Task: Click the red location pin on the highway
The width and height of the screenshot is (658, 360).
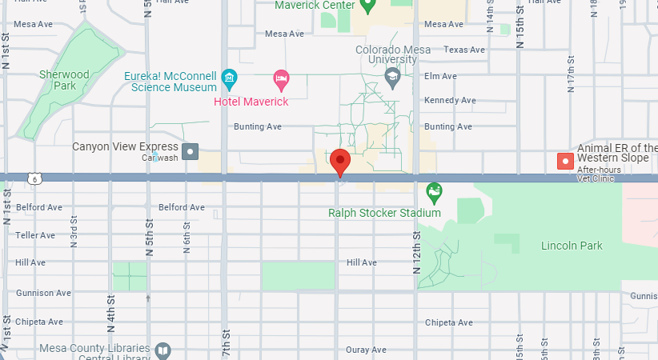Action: point(340,161)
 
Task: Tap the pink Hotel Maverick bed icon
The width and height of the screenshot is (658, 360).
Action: point(280,78)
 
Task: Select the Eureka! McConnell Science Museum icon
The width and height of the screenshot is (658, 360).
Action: point(230,78)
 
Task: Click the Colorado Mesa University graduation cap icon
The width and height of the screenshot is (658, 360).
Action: point(392,77)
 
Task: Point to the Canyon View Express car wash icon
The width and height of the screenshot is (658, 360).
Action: point(191,151)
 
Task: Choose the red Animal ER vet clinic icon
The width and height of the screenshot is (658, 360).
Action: point(566,161)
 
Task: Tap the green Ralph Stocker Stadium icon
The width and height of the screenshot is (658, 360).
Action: point(434,192)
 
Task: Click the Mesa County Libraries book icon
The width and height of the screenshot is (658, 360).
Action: point(162,350)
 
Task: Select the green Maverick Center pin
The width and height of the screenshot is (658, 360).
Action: point(367,6)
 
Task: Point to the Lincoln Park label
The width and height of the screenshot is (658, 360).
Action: point(572,246)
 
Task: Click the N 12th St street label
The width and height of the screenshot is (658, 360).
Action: point(416,252)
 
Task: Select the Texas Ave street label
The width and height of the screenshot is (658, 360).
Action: point(464,50)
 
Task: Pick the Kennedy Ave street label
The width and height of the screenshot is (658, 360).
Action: point(451,101)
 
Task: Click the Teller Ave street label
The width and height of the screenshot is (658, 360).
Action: point(36,235)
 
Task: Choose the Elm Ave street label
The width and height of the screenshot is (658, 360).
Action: point(441,76)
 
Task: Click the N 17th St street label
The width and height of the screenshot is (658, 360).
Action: point(571,75)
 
